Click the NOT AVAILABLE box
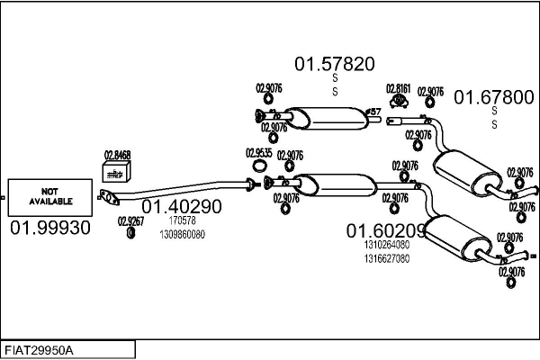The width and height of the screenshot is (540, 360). pyautogui.click(x=49, y=195)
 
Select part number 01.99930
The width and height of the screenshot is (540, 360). pyautogui.click(x=50, y=228)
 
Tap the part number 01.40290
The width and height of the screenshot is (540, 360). pyautogui.click(x=181, y=206)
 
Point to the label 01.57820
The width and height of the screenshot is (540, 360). pyautogui.click(x=335, y=64)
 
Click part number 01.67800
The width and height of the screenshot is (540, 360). pyautogui.click(x=493, y=97)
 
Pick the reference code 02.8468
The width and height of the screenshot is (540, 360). pyautogui.click(x=117, y=155)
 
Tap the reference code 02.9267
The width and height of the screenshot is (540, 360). pyautogui.click(x=130, y=220)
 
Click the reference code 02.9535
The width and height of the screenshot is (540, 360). pyautogui.click(x=260, y=153)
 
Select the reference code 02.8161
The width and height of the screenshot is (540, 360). pyautogui.click(x=399, y=88)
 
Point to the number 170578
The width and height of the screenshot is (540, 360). pyautogui.click(x=182, y=220)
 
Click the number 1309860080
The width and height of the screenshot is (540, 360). pyautogui.click(x=182, y=234)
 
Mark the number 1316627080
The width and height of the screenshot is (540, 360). pyautogui.click(x=387, y=257)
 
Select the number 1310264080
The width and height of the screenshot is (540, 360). pyautogui.click(x=387, y=244)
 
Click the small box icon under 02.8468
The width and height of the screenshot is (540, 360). pyautogui.click(x=117, y=171)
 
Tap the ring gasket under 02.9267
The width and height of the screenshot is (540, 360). pyautogui.click(x=130, y=233)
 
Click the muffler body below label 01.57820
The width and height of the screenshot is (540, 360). pyautogui.click(x=324, y=117)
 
